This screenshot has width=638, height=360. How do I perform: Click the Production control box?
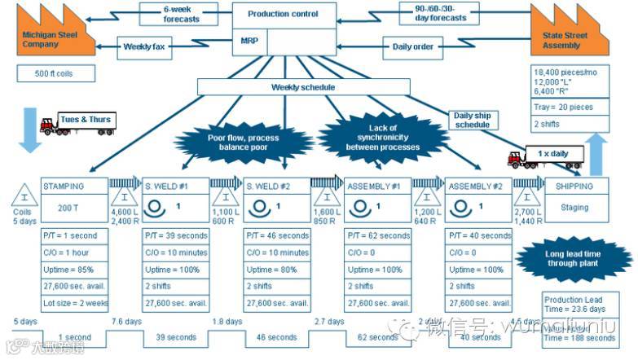[284, 14]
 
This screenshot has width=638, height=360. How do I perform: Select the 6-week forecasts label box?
[181, 14]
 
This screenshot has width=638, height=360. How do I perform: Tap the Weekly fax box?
[144, 46]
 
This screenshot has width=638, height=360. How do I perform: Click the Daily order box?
[413, 46]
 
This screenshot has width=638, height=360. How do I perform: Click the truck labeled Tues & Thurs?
[77, 122]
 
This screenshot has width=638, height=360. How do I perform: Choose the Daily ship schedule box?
[472, 120]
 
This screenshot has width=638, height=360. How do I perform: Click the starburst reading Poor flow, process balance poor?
[243, 143]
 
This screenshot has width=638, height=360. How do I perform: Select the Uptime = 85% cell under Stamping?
[74, 269]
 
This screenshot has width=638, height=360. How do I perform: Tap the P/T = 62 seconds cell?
[378, 235]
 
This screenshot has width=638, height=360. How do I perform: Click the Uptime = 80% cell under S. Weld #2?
[277, 269]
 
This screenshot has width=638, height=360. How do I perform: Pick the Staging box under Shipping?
[574, 207]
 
